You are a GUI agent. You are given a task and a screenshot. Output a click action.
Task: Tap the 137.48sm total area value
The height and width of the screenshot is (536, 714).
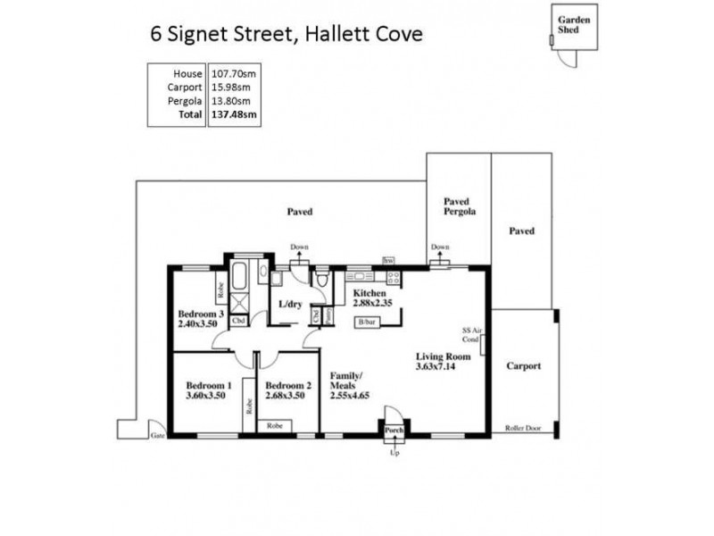coord(233,114)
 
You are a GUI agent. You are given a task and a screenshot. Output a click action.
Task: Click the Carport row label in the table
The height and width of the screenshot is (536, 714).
coord(184,87)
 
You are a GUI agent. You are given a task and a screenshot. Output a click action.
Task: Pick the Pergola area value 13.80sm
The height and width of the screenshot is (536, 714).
coord(230,101)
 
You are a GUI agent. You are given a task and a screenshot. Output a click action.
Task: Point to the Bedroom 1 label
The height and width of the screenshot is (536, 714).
coord(209,386)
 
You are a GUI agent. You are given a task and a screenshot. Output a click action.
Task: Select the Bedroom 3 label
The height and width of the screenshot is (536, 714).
coord(200,314)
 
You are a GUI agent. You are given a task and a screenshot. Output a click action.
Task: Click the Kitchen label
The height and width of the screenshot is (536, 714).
coord(369,293)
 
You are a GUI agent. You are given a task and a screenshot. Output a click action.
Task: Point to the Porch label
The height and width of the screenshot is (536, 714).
coord(394,431)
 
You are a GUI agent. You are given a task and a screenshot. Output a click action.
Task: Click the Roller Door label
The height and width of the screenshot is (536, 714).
coord(523,428)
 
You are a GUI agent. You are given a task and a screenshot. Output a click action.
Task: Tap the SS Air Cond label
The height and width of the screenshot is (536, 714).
coord(471,334)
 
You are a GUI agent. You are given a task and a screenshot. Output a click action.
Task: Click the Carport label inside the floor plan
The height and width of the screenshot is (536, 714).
coord(523,366)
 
